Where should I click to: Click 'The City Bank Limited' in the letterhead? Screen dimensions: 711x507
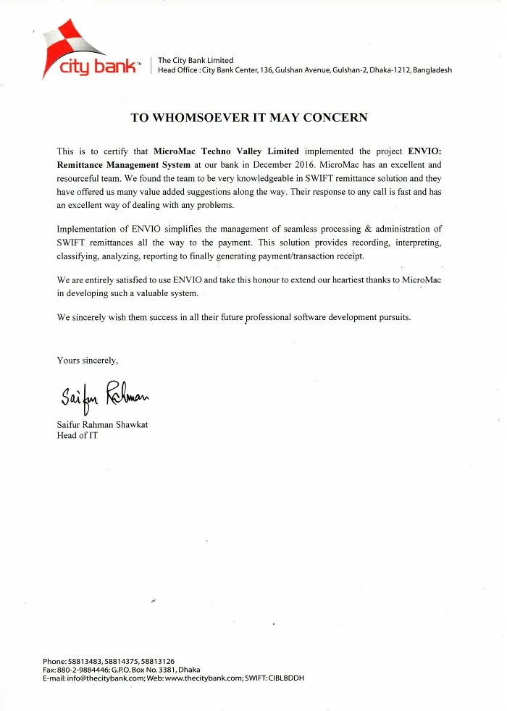pyautogui.click(x=196, y=60)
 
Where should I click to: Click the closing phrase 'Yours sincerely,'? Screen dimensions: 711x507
pyautogui.click(x=87, y=360)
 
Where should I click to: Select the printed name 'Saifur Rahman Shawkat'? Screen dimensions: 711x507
pyautogui.click(x=102, y=424)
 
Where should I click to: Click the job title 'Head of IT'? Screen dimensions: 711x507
pyautogui.click(x=77, y=436)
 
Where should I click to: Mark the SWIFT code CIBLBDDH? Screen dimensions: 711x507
pyautogui.click(x=286, y=678)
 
